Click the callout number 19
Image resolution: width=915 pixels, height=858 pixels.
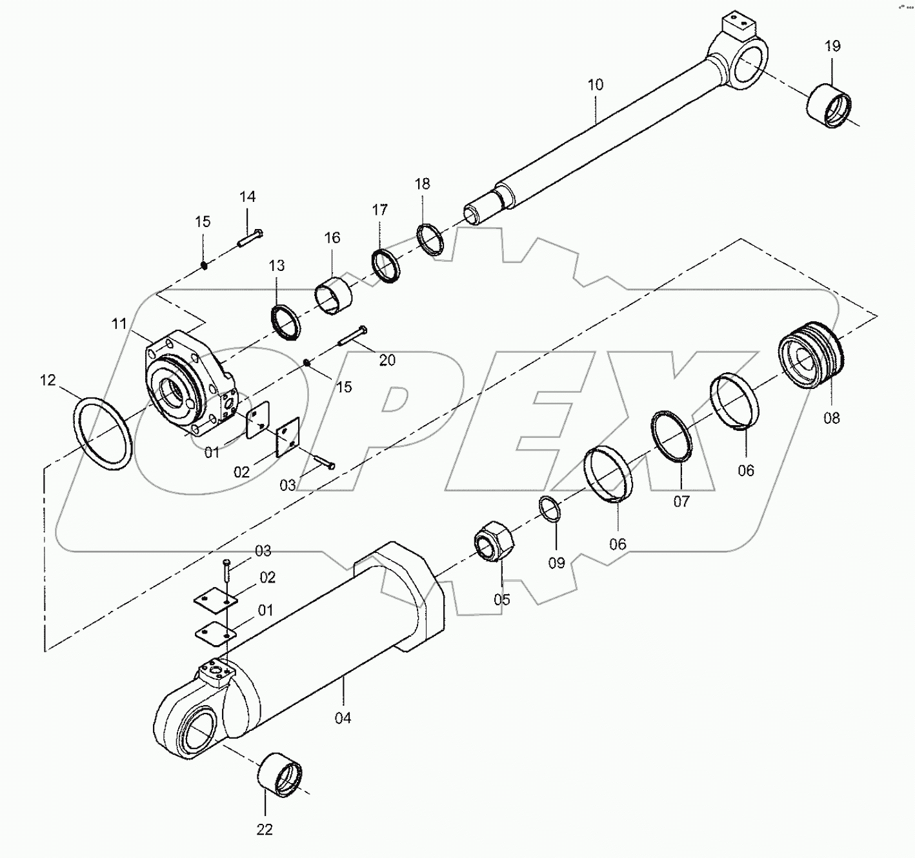tap(832, 46)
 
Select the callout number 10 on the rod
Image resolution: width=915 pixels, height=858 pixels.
tap(595, 85)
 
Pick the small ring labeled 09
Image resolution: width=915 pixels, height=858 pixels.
tap(550, 508)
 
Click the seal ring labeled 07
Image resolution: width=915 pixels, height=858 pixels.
tap(672, 437)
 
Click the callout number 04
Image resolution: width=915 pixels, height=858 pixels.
tap(343, 717)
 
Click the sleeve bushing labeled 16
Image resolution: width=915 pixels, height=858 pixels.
tap(334, 294)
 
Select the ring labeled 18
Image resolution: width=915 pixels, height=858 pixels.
tap(430, 239)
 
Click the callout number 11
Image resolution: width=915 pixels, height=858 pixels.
tap(119, 324)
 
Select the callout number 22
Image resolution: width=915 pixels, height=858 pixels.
tap(265, 829)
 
